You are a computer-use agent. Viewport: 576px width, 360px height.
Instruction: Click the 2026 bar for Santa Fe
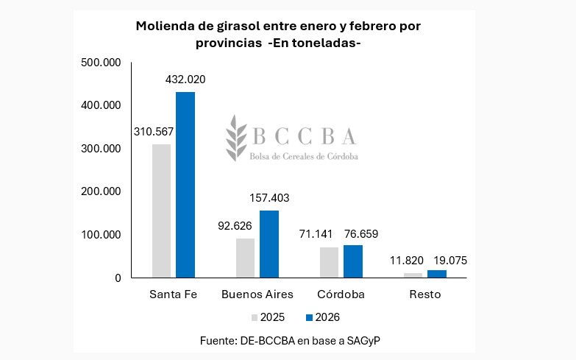pos(185,185)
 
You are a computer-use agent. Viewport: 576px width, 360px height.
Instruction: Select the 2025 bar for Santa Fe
pos(161,211)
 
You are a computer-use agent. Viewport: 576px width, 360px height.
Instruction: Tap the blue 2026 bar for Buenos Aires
pos(269,244)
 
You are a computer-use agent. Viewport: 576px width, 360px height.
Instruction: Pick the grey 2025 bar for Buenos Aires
pos(245,258)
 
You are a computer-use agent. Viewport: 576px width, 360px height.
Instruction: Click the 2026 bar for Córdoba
pos(353,261)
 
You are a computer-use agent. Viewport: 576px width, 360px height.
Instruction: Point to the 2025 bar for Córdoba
pos(329,262)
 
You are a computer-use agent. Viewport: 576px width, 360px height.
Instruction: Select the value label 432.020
pos(185,80)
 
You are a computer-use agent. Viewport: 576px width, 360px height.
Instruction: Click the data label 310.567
pos(154,132)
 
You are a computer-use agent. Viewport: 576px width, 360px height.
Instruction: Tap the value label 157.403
pos(269,198)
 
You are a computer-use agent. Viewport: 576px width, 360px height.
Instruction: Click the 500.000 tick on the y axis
pos(101,63)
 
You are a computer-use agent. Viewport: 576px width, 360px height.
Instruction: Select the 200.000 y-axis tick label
pos(101,191)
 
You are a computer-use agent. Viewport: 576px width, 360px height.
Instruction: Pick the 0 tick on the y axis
pos(116,278)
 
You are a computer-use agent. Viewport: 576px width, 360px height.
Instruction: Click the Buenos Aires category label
pos(257,294)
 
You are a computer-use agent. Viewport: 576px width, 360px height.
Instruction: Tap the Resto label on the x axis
pos(426,294)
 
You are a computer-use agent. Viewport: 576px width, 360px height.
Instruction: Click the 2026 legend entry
pos(321,317)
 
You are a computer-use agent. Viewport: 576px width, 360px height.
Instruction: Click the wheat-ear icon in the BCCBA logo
pos(237,137)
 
